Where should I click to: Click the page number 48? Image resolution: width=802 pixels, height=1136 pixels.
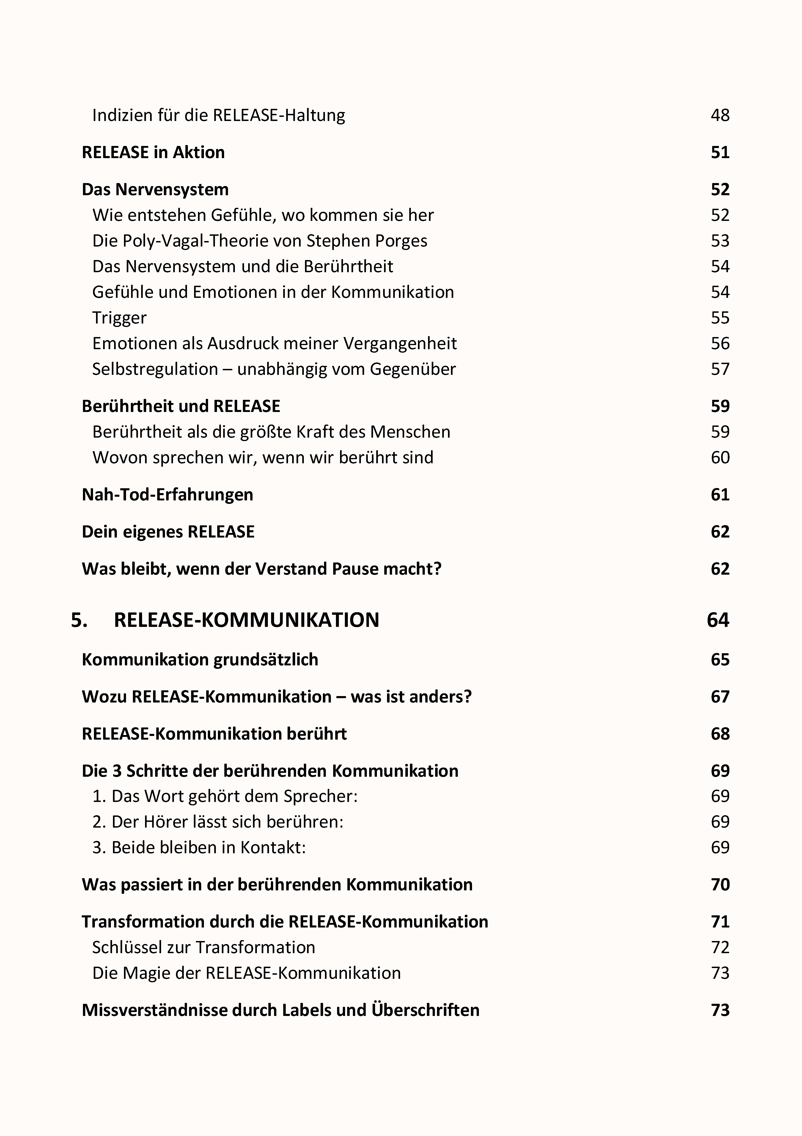[x=720, y=115]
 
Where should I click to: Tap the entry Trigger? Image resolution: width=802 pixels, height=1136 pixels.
[x=119, y=318]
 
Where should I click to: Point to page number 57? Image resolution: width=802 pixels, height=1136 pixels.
[x=720, y=369]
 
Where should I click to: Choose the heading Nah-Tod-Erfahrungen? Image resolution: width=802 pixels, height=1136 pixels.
[x=167, y=495]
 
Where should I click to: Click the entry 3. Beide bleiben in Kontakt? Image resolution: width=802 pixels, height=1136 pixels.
[x=199, y=848]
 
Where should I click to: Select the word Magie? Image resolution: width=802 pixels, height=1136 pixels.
[x=144, y=973]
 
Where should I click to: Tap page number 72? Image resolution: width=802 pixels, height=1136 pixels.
[x=720, y=947]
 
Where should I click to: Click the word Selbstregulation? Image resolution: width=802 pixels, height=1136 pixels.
[x=155, y=369]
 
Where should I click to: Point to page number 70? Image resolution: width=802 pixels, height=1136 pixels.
[x=720, y=885]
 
